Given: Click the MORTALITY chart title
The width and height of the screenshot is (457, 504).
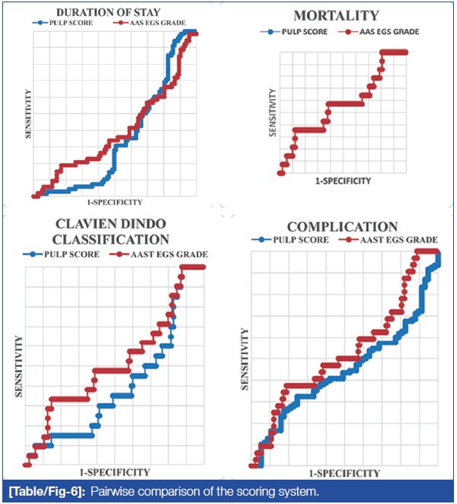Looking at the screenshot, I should (x=337, y=14).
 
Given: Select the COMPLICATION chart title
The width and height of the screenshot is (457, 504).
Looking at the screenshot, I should (x=342, y=227).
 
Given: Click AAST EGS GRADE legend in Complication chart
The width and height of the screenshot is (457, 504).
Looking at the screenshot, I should (x=389, y=240).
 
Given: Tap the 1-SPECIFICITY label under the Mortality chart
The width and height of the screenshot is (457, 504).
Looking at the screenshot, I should (x=343, y=181).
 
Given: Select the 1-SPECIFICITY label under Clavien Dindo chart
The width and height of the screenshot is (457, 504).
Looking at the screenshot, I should (x=114, y=472).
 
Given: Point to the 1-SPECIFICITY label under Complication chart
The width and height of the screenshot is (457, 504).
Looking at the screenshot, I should (x=344, y=473).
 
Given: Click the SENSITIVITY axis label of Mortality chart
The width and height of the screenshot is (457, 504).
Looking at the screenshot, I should (x=272, y=112).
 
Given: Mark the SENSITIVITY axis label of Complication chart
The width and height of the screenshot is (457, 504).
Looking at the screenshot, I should (x=244, y=358).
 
